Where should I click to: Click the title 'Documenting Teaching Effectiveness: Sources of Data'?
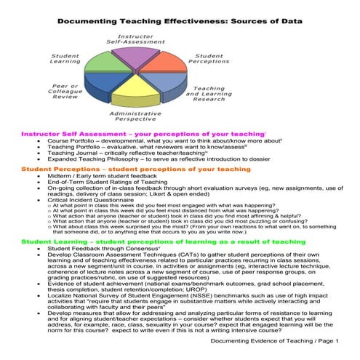(179, 11)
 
